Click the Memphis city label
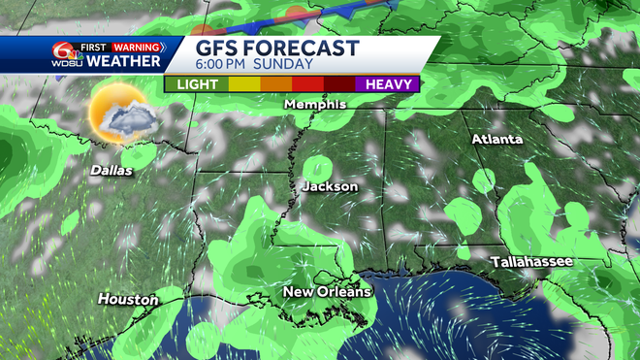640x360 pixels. [x=315, y=104]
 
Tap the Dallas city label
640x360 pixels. [x=111, y=169]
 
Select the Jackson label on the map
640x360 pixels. [x=330, y=186]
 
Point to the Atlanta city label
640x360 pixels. [x=496, y=140]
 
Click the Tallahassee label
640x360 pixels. [x=531, y=262]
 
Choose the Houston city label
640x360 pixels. [x=128, y=300]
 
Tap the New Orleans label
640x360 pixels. [x=327, y=292]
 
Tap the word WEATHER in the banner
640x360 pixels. [x=124, y=61]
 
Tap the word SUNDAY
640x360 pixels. [x=289, y=65]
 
